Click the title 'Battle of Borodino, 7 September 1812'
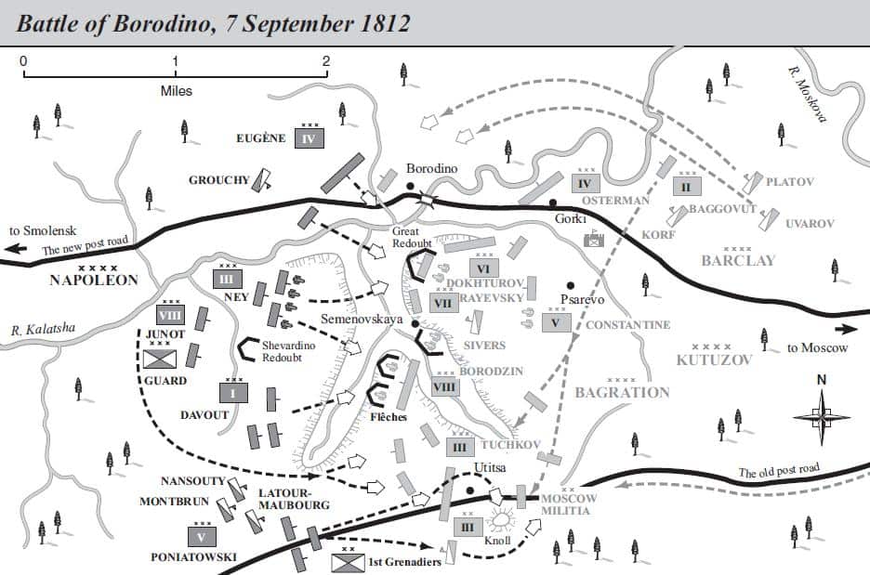213,22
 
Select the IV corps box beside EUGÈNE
310,138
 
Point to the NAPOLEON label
93,280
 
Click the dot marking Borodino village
409,187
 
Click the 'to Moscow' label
818,348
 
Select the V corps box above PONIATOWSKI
201,536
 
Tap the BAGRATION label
622,392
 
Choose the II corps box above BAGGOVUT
686,186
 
